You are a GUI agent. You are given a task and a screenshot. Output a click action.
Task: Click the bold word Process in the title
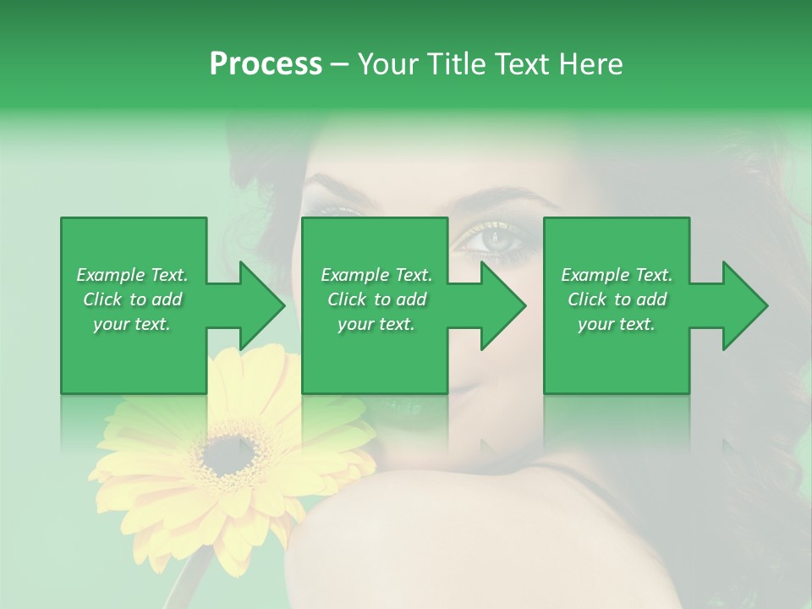[x=266, y=63]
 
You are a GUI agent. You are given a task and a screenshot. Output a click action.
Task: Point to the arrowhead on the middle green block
[x=499, y=305]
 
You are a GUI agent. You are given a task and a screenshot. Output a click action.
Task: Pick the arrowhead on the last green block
[x=741, y=305]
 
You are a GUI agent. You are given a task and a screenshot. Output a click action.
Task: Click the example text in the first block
[x=132, y=299]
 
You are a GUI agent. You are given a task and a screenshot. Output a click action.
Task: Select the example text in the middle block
[x=376, y=299]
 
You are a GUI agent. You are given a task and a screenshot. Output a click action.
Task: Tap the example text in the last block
[x=617, y=299]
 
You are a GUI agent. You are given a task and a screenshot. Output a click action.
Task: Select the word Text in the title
[x=522, y=63]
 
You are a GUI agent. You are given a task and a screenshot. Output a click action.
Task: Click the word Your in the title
[x=387, y=63]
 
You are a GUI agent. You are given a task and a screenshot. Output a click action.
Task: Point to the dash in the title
[x=339, y=64]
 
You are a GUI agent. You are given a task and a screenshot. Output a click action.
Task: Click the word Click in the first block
[x=103, y=299]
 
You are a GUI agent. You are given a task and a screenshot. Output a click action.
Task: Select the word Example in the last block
[x=594, y=275]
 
